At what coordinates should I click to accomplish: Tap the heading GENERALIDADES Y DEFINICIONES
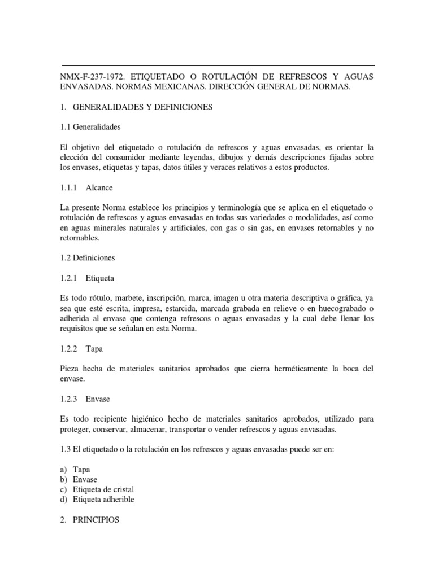(x=143, y=107)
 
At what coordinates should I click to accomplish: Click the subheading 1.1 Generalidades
(x=90, y=126)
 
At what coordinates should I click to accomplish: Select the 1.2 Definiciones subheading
(x=87, y=257)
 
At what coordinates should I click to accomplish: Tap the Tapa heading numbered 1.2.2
(x=96, y=349)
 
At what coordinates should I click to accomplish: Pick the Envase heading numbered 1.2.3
(x=98, y=399)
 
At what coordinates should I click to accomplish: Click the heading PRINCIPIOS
(x=96, y=520)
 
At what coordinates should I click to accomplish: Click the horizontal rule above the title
(x=217, y=65)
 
